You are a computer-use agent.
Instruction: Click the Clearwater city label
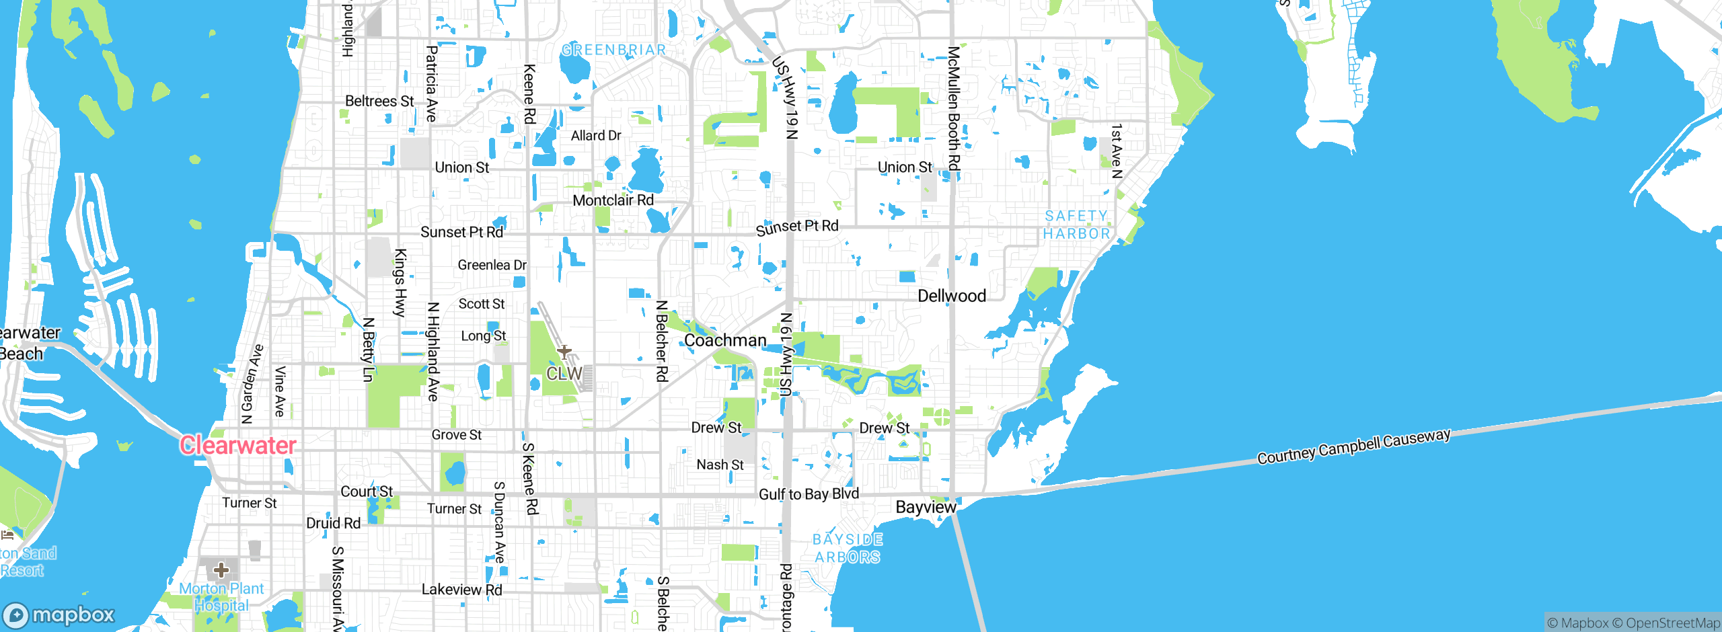237,445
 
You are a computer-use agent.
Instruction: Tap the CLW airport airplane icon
564,352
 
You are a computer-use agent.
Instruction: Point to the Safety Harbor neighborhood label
1076,225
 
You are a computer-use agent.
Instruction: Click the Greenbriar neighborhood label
613,50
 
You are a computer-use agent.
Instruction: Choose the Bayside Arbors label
848,548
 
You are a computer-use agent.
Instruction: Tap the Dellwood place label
952,296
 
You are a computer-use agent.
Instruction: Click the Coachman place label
725,340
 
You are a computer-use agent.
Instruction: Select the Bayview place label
926,507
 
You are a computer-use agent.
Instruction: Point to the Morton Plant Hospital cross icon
221,571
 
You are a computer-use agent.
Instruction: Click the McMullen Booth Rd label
954,108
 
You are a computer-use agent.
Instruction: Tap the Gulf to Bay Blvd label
809,494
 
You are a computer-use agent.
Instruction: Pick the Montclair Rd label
613,200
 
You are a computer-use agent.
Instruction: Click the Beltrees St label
379,102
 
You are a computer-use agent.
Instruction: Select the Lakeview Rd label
461,590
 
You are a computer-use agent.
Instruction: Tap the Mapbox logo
59,615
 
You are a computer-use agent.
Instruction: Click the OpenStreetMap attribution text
1672,623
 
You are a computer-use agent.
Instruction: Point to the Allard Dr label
596,136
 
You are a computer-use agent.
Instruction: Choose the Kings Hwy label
400,282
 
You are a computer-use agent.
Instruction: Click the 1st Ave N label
1117,151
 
